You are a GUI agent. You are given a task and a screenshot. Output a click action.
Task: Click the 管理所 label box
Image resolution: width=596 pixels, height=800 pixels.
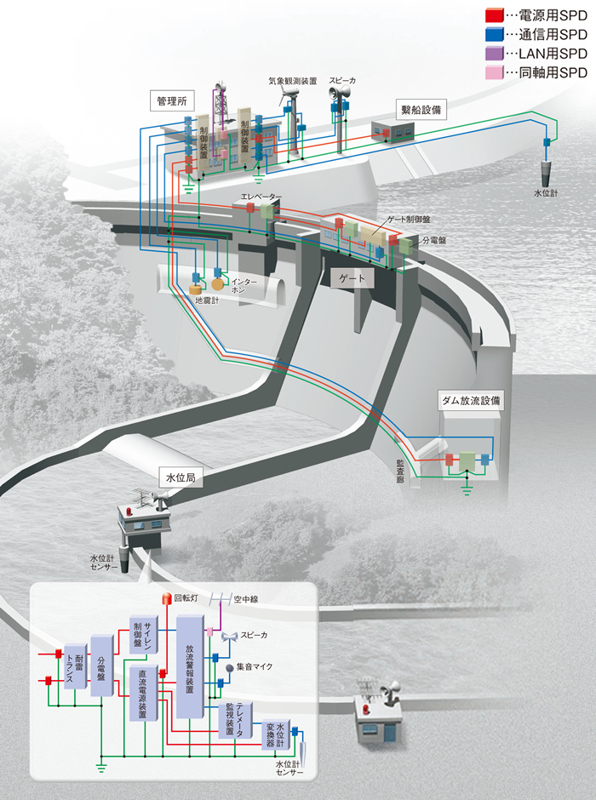pyautogui.click(x=170, y=100)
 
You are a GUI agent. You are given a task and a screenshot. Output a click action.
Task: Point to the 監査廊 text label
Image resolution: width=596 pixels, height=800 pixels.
pyautogui.click(x=399, y=469)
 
